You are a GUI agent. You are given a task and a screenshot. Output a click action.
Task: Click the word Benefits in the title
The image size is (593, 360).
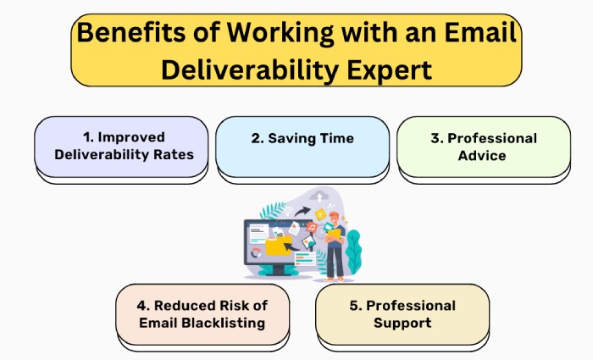130,32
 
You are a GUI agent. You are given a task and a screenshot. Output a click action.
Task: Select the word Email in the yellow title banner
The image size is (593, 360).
480,32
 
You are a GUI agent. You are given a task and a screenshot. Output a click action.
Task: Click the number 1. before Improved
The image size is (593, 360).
88,137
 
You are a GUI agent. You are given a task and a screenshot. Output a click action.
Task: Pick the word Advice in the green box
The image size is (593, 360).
482,155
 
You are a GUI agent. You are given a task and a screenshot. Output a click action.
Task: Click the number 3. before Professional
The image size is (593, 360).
437,138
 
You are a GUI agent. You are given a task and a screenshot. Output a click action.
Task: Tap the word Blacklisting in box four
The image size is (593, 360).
223,323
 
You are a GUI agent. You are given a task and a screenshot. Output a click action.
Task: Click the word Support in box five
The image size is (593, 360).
402,323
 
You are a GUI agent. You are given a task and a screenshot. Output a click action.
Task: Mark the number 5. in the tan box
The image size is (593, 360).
356,306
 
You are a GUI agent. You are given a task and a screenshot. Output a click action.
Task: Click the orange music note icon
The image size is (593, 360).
312,227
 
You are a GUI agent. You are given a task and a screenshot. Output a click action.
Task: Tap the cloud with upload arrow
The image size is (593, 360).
319,197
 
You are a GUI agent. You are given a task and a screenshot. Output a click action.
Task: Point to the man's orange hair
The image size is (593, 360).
335,215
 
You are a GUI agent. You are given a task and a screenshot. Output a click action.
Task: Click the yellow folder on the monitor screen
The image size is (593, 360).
279,246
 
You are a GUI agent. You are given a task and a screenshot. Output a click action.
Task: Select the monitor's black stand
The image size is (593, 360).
279,269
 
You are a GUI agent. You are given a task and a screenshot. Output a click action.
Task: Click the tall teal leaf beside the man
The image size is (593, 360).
353,252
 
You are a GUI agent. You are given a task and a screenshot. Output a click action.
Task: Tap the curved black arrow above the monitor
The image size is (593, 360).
302,211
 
